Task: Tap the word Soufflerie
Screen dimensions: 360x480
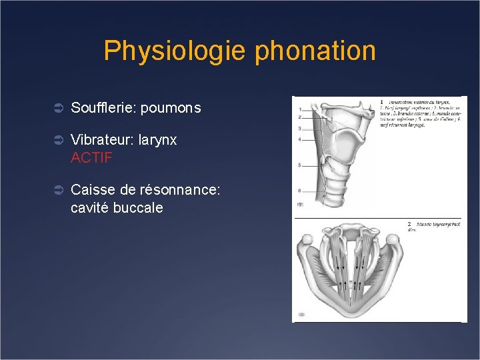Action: [x=102, y=107]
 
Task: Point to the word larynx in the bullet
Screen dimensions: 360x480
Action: [x=158, y=141]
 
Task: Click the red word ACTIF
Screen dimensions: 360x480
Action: [x=91, y=158]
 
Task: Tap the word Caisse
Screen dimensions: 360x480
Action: [x=91, y=191]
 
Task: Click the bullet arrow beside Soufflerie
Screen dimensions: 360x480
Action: [x=58, y=108]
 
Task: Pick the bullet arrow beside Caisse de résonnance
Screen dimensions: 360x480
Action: [x=58, y=191]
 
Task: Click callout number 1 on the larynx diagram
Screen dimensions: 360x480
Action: [x=301, y=109]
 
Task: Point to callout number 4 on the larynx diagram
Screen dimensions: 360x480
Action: [x=301, y=139]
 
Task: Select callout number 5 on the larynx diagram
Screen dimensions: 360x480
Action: [x=301, y=165]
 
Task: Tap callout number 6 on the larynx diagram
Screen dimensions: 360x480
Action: [x=301, y=191]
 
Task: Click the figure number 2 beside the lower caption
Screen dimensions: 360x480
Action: [x=409, y=225]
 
